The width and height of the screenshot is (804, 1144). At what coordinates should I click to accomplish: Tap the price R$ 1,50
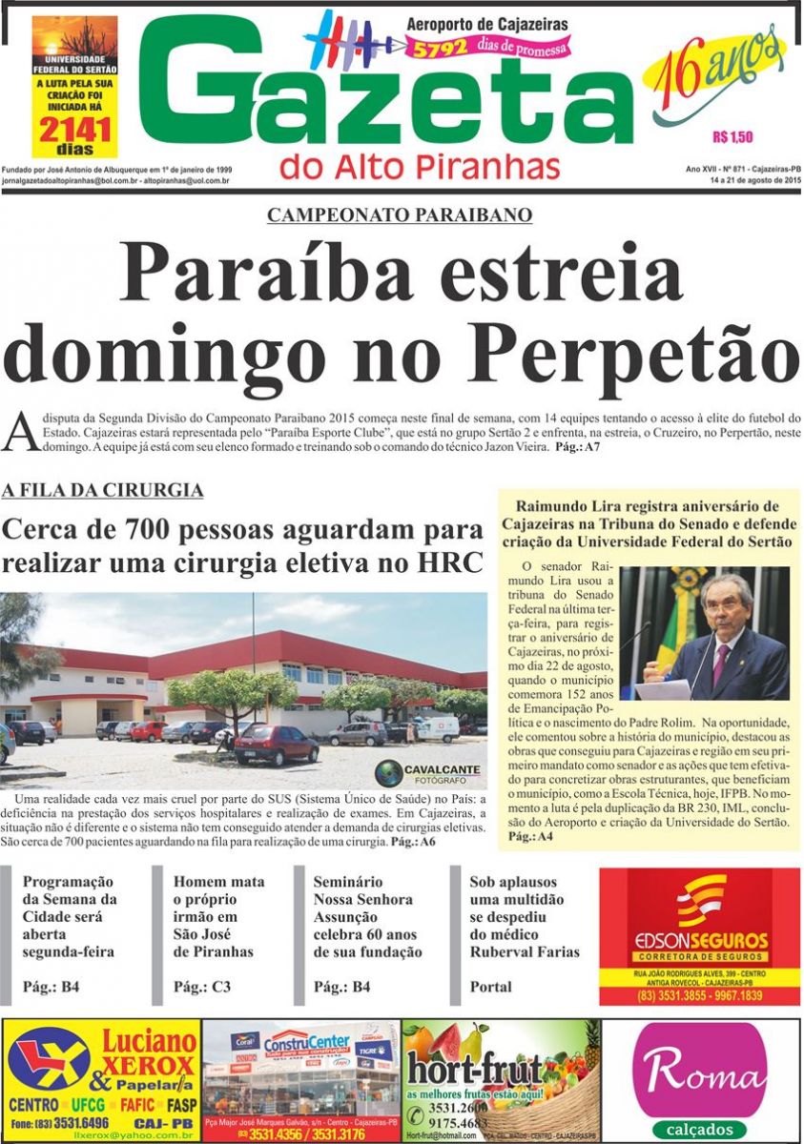coord(732,136)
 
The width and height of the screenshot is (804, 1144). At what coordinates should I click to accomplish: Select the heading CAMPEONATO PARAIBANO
coord(400,215)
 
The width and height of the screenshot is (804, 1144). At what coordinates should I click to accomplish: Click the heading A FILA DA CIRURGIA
coord(102,491)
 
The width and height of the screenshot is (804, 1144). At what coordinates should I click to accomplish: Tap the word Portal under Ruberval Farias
coord(490,987)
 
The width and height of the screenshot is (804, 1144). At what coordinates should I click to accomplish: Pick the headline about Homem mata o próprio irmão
coord(219,916)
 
